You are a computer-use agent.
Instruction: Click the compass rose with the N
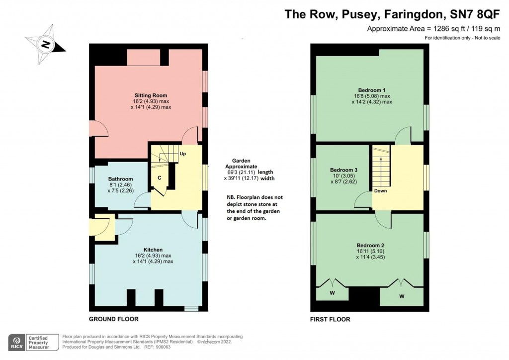click(46, 45)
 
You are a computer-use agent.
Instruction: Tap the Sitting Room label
click(151, 95)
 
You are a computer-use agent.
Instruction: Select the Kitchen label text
click(153, 250)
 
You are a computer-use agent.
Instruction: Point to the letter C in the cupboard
click(159, 177)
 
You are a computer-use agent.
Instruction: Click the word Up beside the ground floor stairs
click(182, 154)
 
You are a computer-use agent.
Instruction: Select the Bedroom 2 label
click(370, 245)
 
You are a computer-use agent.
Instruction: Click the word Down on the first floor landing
click(381, 190)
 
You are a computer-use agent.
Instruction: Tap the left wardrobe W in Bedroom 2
click(332, 293)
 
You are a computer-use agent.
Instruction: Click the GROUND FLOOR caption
click(113, 319)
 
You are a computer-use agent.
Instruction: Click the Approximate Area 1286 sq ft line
click(433, 29)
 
